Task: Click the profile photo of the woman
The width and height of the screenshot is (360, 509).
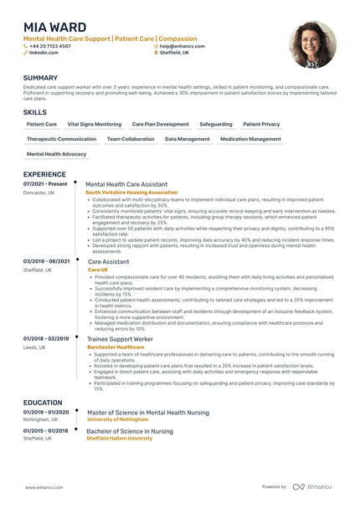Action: tap(312, 44)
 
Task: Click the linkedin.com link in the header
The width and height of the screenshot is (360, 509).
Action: tap(44, 52)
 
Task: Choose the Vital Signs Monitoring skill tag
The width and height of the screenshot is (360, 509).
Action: tap(94, 124)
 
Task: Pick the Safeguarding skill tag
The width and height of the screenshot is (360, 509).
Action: tap(216, 124)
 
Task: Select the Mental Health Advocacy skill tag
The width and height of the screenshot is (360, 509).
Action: tap(56, 154)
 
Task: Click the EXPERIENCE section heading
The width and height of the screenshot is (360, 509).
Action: tap(49, 174)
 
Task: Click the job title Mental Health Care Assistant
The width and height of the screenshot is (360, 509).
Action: tap(126, 184)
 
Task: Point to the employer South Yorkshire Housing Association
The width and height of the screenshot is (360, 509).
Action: tap(131, 192)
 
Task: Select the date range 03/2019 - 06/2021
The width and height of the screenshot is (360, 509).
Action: tap(46, 261)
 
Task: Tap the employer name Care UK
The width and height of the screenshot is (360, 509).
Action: tap(98, 270)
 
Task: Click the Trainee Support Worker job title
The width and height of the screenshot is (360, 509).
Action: tap(120, 338)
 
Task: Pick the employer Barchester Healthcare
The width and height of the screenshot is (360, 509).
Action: tap(116, 346)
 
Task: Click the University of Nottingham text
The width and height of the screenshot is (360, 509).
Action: tap(123, 419)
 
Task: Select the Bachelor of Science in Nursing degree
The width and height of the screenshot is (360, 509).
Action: tap(130, 431)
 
